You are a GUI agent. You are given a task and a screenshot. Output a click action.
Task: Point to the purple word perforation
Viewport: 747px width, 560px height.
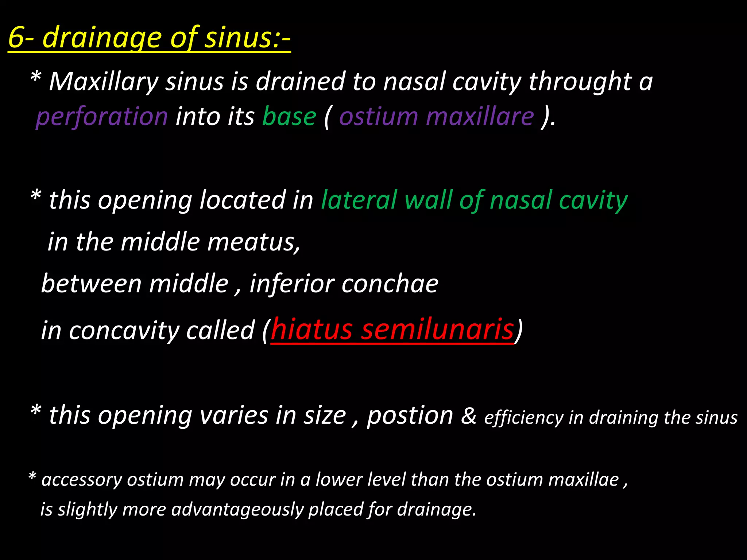102,117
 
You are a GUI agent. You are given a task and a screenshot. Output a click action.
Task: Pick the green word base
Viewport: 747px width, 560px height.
289,117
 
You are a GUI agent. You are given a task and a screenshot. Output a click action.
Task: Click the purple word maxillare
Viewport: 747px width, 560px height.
480,117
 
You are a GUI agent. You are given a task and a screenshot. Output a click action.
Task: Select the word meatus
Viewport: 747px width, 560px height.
253,242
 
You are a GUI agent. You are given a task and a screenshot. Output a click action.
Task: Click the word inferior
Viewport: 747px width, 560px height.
292,284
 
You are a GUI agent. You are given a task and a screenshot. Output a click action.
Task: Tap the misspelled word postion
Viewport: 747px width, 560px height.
410,416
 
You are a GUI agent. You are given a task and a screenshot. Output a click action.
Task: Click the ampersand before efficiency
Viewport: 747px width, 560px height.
469,416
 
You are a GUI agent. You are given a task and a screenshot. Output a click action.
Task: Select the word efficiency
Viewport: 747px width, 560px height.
524,418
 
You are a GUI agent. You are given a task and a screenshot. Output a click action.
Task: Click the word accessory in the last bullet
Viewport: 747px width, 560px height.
82,480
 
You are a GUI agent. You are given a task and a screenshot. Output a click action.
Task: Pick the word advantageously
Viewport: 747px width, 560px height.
237,510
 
